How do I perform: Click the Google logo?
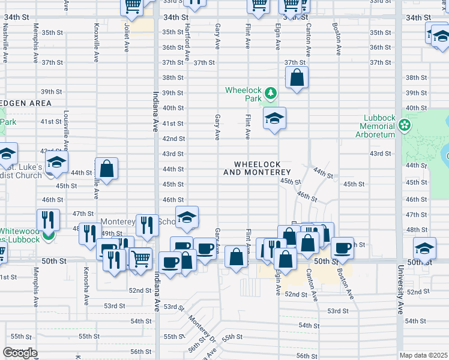pyautogui.click(x=20, y=353)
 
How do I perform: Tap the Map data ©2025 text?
pyautogui.click(x=423, y=355)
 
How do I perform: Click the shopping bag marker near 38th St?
pyautogui.click(x=297, y=77)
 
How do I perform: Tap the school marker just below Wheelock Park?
pyautogui.click(x=274, y=118)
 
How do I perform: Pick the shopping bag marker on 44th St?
pyautogui.click(x=106, y=169)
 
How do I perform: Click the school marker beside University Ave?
pyautogui.click(x=424, y=248)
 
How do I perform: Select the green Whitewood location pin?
pyautogui.click(x=47, y=235)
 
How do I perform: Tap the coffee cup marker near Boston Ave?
pyautogui.click(x=343, y=248)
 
